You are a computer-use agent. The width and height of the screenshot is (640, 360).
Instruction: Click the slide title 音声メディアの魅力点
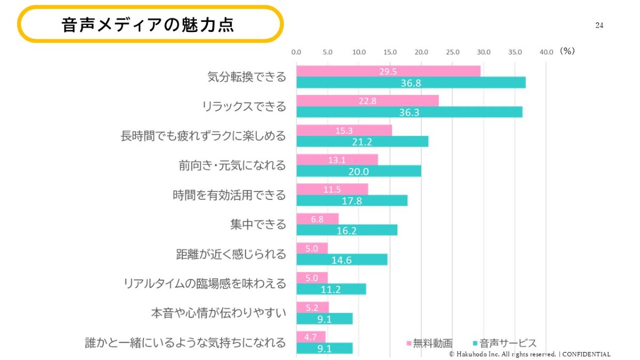[148, 25]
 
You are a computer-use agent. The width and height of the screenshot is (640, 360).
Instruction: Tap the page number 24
[599, 25]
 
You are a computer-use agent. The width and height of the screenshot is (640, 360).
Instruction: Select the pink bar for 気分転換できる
[388, 71]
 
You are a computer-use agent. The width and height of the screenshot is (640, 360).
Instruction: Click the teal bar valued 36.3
[409, 112]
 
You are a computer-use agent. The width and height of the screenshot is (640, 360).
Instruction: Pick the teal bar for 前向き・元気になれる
[358, 171]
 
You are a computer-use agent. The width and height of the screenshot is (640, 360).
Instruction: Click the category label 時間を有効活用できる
[229, 195]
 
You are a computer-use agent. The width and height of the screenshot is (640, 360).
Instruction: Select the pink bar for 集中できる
[317, 219]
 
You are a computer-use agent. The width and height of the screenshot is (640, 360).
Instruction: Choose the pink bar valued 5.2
[313, 307]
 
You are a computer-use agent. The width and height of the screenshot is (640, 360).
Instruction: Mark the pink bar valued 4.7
[311, 337]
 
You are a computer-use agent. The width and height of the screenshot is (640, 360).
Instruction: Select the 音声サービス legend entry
[504, 343]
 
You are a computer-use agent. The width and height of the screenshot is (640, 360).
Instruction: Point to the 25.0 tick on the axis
[452, 52]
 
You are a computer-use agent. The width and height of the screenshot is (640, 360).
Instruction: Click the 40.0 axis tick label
[546, 52]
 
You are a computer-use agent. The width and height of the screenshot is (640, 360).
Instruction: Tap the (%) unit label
[567, 51]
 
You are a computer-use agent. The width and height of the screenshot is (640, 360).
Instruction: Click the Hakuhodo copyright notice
[530, 354]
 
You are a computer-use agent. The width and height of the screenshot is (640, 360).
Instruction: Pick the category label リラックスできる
[244, 107]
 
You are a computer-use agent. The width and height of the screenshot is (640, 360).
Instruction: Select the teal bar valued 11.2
[331, 289]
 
